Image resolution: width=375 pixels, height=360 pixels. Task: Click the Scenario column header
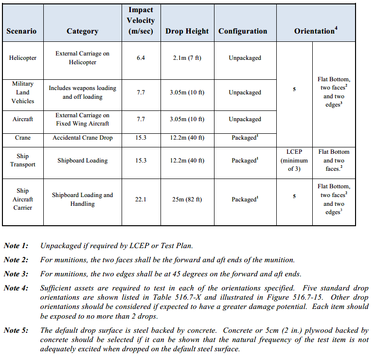pyautogui.click(x=21, y=31)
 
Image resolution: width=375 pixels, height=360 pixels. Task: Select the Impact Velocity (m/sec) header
pyautogui.click(x=141, y=20)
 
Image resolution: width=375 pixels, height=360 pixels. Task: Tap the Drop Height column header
pyautogui.click(x=187, y=31)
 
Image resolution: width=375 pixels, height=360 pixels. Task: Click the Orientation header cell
pyautogui.click(x=316, y=31)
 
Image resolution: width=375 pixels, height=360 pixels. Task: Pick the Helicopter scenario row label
pyautogui.click(x=22, y=58)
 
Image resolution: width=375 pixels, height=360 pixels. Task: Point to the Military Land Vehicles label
pyautogui.click(x=23, y=92)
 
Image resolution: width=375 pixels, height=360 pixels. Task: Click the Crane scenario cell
pyautogui.click(x=22, y=138)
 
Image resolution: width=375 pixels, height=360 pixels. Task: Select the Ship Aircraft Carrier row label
pyautogui.click(x=23, y=199)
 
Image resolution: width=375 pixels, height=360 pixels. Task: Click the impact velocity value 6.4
pyautogui.click(x=141, y=58)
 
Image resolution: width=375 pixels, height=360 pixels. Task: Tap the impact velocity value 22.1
pyautogui.click(x=141, y=199)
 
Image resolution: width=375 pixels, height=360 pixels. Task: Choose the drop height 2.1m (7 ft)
pyautogui.click(x=187, y=58)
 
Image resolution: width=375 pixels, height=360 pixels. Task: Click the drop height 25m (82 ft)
pyautogui.click(x=187, y=199)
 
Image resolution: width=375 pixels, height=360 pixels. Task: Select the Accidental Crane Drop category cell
pyautogui.click(x=82, y=138)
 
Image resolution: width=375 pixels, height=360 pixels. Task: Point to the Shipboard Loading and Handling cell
pyautogui.click(x=82, y=199)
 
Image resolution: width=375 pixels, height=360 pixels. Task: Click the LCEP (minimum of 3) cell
pyautogui.click(x=294, y=161)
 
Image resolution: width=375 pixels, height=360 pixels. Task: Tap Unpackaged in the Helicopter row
pyautogui.click(x=245, y=58)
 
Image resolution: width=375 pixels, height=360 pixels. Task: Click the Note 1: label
pyautogui.click(x=16, y=246)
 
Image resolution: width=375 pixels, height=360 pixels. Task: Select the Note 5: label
pyautogui.click(x=16, y=330)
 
